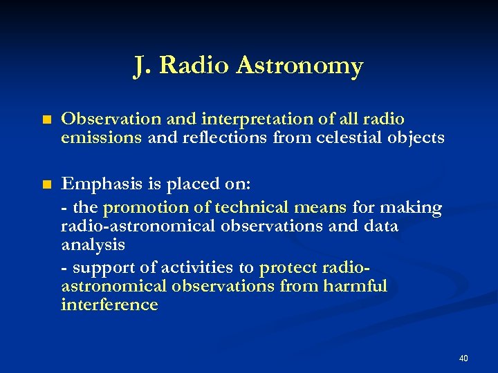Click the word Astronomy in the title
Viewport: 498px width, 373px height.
[x=299, y=66]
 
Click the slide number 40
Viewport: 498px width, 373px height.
[x=463, y=358]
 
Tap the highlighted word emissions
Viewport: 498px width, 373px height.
[x=101, y=137]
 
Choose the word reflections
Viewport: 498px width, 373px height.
[x=221, y=137]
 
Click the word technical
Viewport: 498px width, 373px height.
[x=248, y=207]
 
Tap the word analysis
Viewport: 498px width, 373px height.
[x=93, y=245]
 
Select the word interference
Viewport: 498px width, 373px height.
[x=109, y=305]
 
